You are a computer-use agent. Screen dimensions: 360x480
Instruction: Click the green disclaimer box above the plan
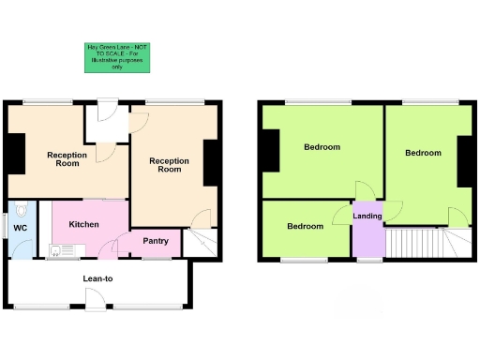click(x=117, y=57)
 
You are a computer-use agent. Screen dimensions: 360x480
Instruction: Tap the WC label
click(x=20, y=226)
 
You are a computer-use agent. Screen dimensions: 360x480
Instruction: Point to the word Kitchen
click(x=83, y=225)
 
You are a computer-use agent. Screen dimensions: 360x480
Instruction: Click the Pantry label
click(x=155, y=241)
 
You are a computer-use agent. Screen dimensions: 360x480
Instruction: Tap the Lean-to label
click(x=98, y=278)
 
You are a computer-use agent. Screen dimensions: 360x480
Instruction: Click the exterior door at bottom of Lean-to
click(x=97, y=301)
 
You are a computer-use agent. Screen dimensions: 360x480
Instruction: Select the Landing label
click(x=367, y=217)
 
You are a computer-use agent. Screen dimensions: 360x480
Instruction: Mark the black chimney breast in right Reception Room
click(x=211, y=161)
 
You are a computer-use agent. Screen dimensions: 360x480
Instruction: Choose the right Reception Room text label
click(x=169, y=165)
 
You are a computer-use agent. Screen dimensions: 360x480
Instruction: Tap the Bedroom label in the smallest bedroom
click(x=305, y=227)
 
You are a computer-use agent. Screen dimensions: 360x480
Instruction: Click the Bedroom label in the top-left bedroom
click(x=322, y=147)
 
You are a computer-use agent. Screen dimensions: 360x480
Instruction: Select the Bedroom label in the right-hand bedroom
click(x=422, y=153)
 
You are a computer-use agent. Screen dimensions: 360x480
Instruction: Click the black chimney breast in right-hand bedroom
click(x=464, y=161)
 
